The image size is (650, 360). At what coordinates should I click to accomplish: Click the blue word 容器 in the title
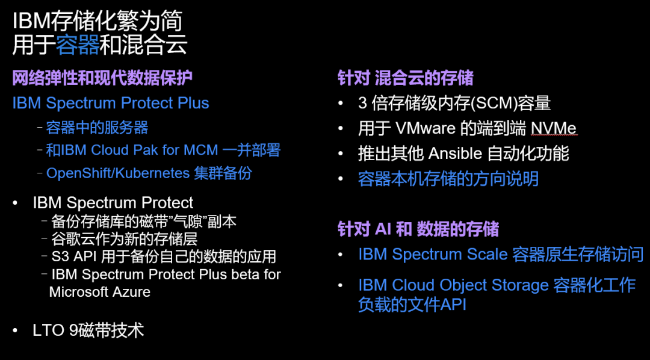pyautogui.click(x=78, y=45)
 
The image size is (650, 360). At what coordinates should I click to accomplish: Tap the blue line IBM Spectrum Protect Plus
pyautogui.click(x=111, y=103)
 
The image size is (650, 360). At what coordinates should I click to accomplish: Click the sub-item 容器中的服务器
pyautogui.click(x=97, y=128)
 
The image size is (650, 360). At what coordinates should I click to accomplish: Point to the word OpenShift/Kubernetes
pyautogui.click(x=118, y=173)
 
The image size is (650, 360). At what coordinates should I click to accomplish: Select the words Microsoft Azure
pyautogui.click(x=99, y=291)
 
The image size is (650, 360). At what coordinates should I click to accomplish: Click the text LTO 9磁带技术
pyautogui.click(x=88, y=331)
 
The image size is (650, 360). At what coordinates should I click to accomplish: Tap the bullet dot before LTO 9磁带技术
pyautogui.click(x=15, y=331)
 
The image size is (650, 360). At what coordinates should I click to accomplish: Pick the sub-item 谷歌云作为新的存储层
pyautogui.click(x=125, y=239)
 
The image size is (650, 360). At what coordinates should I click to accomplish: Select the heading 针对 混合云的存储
pyautogui.click(x=406, y=78)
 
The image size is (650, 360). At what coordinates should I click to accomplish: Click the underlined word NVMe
pyautogui.click(x=554, y=129)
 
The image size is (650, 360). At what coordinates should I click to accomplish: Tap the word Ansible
pyautogui.click(x=455, y=154)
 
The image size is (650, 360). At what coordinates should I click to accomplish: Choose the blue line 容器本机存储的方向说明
pyautogui.click(x=448, y=179)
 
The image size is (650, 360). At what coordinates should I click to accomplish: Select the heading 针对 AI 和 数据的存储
pyautogui.click(x=418, y=229)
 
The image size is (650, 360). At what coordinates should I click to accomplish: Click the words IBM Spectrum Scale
pyautogui.click(x=433, y=254)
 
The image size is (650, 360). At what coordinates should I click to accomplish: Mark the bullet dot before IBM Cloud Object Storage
pyautogui.click(x=340, y=285)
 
